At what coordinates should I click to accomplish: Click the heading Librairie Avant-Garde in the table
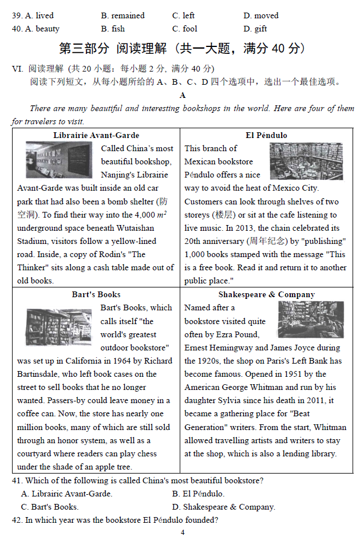click(96, 135)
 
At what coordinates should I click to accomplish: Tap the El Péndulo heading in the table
click(266, 135)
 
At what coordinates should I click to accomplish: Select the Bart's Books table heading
click(96, 294)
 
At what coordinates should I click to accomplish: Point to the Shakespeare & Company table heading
click(266, 294)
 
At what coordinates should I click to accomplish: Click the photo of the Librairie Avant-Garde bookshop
click(59, 160)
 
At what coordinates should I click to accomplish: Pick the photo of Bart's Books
click(58, 326)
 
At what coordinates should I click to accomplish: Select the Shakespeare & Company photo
click(311, 319)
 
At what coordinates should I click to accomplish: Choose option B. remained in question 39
click(122, 15)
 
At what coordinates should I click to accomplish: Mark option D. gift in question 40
click(255, 29)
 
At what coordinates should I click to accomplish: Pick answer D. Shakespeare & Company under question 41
click(223, 507)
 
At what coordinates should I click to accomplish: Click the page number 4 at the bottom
click(182, 533)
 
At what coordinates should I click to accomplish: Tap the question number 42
click(17, 520)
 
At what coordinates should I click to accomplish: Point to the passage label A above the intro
click(183, 95)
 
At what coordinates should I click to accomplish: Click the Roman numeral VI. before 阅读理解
click(17, 69)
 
